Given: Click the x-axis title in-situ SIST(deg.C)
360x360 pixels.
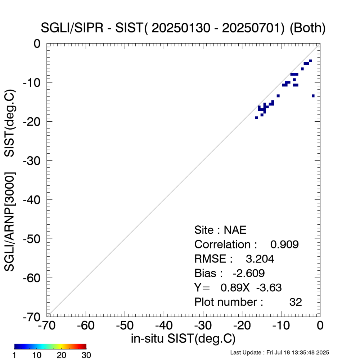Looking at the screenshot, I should click(x=183, y=339).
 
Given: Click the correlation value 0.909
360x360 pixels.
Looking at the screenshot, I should click(x=284, y=244).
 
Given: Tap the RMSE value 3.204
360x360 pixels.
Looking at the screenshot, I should click(x=260, y=259).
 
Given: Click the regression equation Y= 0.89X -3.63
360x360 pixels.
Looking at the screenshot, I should click(x=238, y=288).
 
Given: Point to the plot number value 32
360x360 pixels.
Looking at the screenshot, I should click(x=296, y=302).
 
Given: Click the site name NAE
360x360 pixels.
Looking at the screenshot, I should click(x=235, y=230).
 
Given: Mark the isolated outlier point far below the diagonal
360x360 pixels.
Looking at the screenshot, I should click(x=313, y=96).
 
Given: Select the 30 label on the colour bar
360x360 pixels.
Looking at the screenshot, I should click(x=86, y=355).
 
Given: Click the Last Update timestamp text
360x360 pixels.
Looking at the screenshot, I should click(x=279, y=352).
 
